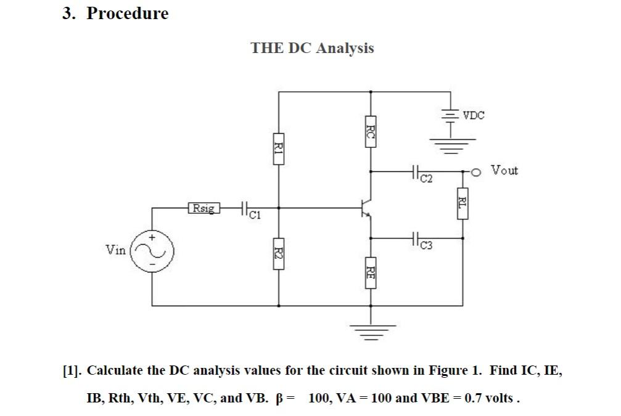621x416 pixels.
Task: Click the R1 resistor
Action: click(x=278, y=148)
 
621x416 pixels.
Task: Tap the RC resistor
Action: click(x=370, y=131)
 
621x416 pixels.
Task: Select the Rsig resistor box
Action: click(x=204, y=208)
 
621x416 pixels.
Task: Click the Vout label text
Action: click(x=504, y=170)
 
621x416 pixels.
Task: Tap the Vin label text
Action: click(x=115, y=250)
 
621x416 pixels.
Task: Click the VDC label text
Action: click(x=474, y=115)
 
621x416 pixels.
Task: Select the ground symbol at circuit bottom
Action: click(x=370, y=333)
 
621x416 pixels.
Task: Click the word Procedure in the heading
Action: click(x=127, y=13)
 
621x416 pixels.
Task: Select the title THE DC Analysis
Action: click(x=312, y=48)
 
